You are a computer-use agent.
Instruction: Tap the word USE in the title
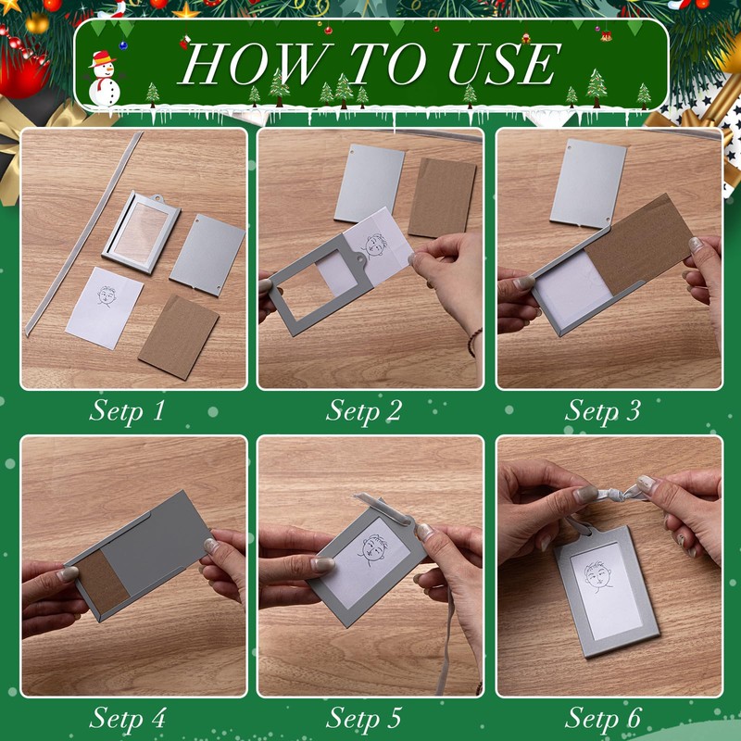(504, 64)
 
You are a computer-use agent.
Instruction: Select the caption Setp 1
(127, 410)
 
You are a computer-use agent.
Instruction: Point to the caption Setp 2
(364, 410)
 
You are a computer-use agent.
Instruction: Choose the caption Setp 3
(603, 410)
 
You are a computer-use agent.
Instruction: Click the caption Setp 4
(127, 719)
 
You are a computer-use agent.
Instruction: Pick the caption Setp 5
(364, 719)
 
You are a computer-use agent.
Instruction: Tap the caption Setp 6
(603, 719)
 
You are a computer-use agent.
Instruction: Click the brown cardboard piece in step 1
(179, 337)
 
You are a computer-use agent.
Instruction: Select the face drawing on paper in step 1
(107, 296)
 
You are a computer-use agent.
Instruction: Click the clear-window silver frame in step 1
(142, 232)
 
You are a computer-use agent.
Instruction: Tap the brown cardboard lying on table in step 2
(443, 197)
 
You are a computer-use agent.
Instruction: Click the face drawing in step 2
(375, 245)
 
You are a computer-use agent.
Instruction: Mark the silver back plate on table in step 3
(588, 184)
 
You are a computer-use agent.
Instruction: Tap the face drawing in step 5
(373, 550)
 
